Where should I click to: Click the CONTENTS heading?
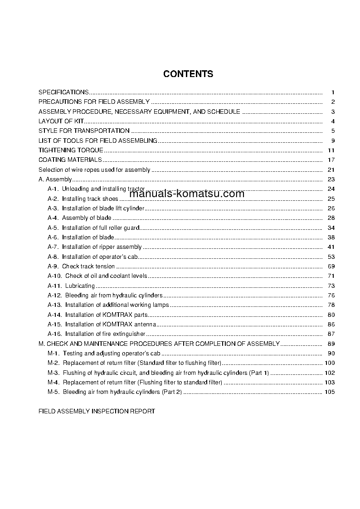(188, 74)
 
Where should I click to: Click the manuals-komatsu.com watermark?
(187, 194)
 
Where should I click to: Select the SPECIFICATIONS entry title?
(63, 92)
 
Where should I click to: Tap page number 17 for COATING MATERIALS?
(331, 160)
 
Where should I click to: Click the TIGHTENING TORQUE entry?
(71, 150)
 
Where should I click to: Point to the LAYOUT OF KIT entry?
(61, 121)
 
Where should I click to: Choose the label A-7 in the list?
(53, 247)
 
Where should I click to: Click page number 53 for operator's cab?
(331, 257)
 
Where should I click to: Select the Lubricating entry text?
(80, 286)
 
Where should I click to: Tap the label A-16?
(54, 334)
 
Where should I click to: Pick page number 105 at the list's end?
(330, 392)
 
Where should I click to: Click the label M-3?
(54, 373)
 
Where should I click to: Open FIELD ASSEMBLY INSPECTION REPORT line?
(97, 411)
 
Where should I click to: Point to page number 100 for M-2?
(330, 363)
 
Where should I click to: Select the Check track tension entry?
(88, 267)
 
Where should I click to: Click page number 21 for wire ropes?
(331, 170)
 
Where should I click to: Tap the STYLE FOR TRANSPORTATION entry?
(84, 131)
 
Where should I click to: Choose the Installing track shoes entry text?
(90, 199)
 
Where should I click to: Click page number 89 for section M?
(331, 344)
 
